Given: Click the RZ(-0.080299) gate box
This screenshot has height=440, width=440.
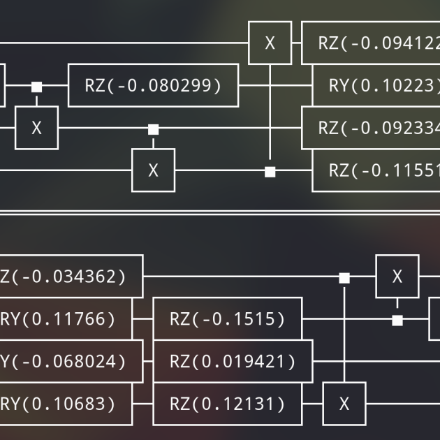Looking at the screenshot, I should tap(153, 86).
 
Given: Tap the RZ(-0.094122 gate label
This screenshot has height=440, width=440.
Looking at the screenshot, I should tap(374, 43).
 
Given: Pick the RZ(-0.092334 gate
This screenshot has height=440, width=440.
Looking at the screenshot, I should tap(374, 129).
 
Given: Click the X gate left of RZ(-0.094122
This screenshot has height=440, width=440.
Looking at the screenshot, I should tap(270, 43).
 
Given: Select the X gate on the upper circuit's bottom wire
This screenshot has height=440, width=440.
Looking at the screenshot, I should tap(153, 170).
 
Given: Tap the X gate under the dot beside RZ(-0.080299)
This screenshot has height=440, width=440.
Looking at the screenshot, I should tap(36, 129).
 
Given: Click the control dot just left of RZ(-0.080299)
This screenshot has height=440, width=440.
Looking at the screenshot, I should tap(36, 87).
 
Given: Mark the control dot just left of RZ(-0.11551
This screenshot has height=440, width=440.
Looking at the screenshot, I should tap(270, 172).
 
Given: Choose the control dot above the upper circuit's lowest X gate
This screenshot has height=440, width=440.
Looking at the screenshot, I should tap(153, 129).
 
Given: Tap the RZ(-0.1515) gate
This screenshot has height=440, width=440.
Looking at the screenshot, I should tap(227, 319).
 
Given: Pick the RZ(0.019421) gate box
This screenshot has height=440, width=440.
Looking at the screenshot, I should tap(232, 362).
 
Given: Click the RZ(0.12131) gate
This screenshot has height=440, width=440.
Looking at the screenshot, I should tap(227, 404).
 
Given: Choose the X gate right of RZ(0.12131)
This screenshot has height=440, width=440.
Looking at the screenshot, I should tap(344, 404).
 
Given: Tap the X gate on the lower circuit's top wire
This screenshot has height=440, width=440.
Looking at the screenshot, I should tap(397, 277).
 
